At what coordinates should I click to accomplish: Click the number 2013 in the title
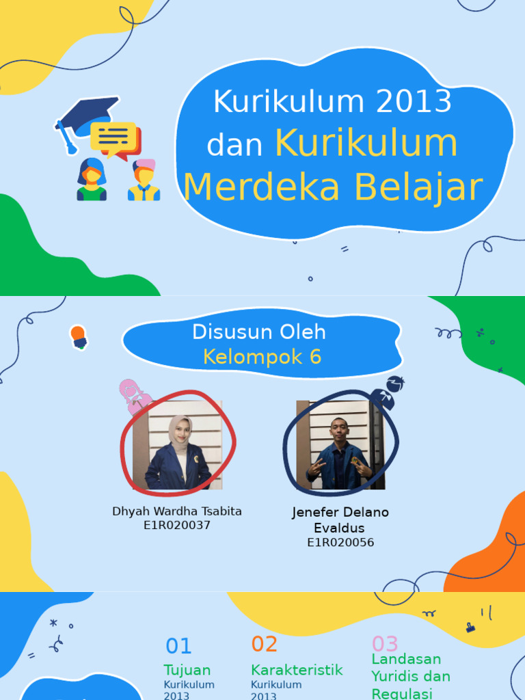[x=414, y=103]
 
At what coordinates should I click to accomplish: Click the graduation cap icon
[x=85, y=116]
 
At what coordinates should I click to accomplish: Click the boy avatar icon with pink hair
[x=144, y=180]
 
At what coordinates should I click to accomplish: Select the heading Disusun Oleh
[x=259, y=332]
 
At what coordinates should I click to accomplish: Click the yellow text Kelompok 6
[x=262, y=357]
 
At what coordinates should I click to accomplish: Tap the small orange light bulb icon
[x=79, y=335]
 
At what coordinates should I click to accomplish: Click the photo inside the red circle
[x=178, y=445]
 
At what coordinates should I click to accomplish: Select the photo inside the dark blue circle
[x=340, y=445]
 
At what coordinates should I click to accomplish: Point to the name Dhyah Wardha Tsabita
[x=177, y=511]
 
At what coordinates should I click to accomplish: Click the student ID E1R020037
[x=177, y=526]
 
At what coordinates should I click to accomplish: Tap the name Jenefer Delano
[x=340, y=512]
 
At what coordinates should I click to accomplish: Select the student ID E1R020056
[x=340, y=543]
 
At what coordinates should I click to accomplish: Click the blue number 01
[x=179, y=646]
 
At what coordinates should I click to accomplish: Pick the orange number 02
[x=265, y=644]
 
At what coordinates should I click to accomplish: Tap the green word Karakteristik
[x=297, y=670]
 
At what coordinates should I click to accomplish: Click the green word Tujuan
[x=187, y=670]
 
